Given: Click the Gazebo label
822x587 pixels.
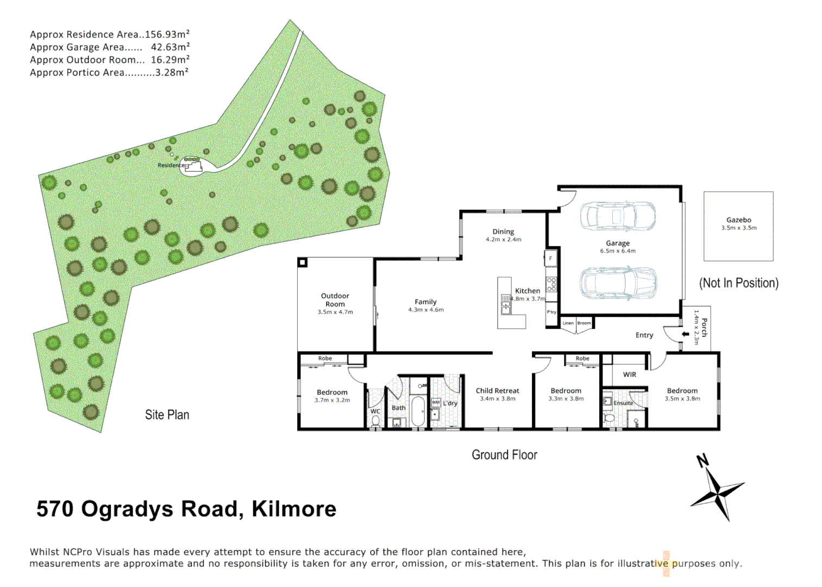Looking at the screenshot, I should (738, 220).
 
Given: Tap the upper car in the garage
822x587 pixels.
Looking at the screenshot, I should (617, 216).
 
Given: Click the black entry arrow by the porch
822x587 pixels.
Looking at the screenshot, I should (686, 334).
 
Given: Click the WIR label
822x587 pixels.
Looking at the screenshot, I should (630, 374).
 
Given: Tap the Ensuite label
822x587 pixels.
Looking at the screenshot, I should (623, 403).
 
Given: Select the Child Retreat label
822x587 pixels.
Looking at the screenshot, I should (497, 391).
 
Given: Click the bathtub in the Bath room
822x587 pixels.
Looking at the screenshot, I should (418, 411).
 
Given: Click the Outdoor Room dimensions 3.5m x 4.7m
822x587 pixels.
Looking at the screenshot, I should (335, 313).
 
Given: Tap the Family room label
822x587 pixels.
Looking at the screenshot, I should (425, 302).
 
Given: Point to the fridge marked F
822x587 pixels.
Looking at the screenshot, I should (550, 258).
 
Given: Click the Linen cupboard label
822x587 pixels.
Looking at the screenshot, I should (568, 323).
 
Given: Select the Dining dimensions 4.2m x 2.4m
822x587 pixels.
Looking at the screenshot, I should (503, 240).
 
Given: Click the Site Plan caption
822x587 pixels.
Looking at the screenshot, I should (167, 415).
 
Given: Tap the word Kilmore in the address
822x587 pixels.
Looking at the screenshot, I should (294, 509).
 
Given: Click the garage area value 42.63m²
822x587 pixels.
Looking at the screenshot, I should (170, 47).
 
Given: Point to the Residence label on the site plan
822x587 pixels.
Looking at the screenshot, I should (171, 165).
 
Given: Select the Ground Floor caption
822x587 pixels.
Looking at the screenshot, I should (504, 455).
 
